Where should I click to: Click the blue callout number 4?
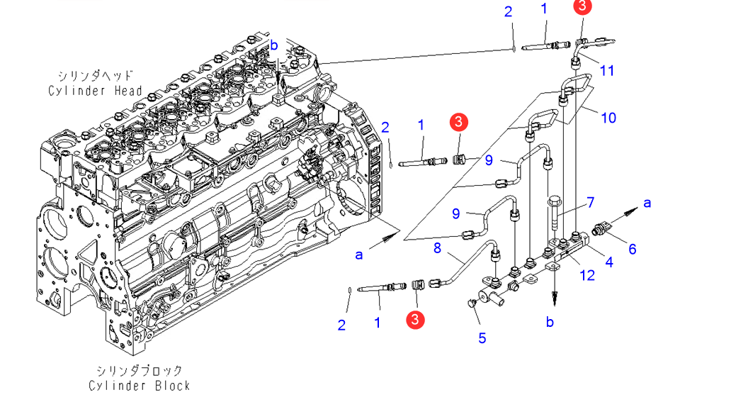(x=609, y=262)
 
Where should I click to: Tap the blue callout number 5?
(x=482, y=338)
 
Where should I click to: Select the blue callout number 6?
(x=632, y=249)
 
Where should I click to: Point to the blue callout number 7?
(x=591, y=202)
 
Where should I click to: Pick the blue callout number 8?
(x=437, y=248)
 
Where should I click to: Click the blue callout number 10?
(x=608, y=118)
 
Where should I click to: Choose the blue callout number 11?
(x=606, y=70)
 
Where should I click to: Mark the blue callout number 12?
(x=587, y=275)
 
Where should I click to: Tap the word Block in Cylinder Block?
(x=173, y=386)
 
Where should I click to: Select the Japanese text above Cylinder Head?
(x=95, y=76)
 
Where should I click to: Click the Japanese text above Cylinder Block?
(x=140, y=371)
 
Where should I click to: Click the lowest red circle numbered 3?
(x=415, y=320)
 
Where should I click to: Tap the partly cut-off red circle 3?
(x=582, y=6)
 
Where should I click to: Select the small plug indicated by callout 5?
(x=471, y=303)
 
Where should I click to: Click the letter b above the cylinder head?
(x=273, y=45)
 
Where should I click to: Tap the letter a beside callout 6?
(x=647, y=203)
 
